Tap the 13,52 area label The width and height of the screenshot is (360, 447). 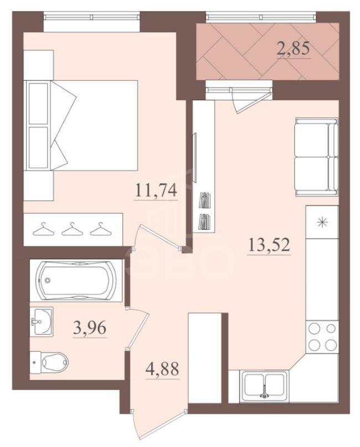tap(269, 245)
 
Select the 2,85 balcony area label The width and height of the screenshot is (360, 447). tap(293, 48)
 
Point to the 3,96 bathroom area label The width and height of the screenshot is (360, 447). tap(90, 327)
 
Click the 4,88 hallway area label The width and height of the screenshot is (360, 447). tap(162, 368)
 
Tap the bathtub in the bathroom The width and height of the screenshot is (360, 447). tap(76, 280)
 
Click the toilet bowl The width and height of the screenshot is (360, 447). tap(50, 362)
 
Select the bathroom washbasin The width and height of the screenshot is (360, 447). tap(42, 321)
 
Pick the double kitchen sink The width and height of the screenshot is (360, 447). tap(264, 384)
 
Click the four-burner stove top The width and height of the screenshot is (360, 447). tap(322, 337)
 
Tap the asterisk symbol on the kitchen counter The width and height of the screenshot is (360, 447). tap(322, 222)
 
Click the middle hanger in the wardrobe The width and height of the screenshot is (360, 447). tap(71, 229)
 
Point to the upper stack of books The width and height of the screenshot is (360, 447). tap(205, 200)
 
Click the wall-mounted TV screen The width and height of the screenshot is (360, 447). tap(196, 157)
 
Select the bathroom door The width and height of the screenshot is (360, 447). tap(138, 327)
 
